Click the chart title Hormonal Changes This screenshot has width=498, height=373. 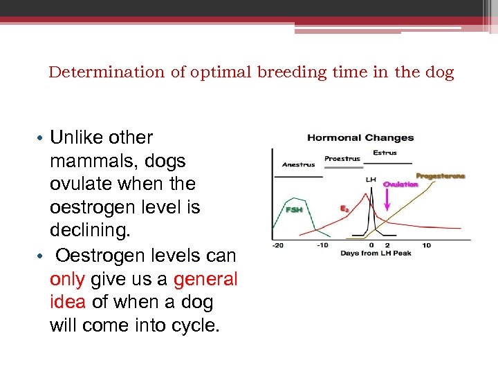(x=360, y=137)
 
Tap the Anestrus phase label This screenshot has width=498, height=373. (x=298, y=164)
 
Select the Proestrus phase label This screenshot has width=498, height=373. (x=342, y=158)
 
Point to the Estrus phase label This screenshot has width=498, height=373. (x=385, y=152)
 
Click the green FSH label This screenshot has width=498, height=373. (x=294, y=209)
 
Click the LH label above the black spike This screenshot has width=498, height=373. (x=371, y=179)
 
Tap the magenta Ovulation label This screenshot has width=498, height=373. (x=400, y=184)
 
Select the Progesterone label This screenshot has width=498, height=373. (x=440, y=176)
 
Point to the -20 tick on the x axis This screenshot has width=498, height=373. (x=277, y=245)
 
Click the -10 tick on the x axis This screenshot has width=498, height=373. (x=322, y=245)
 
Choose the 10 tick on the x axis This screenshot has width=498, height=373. (x=426, y=245)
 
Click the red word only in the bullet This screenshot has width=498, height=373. (x=68, y=279)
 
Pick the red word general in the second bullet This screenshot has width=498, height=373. (x=205, y=279)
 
